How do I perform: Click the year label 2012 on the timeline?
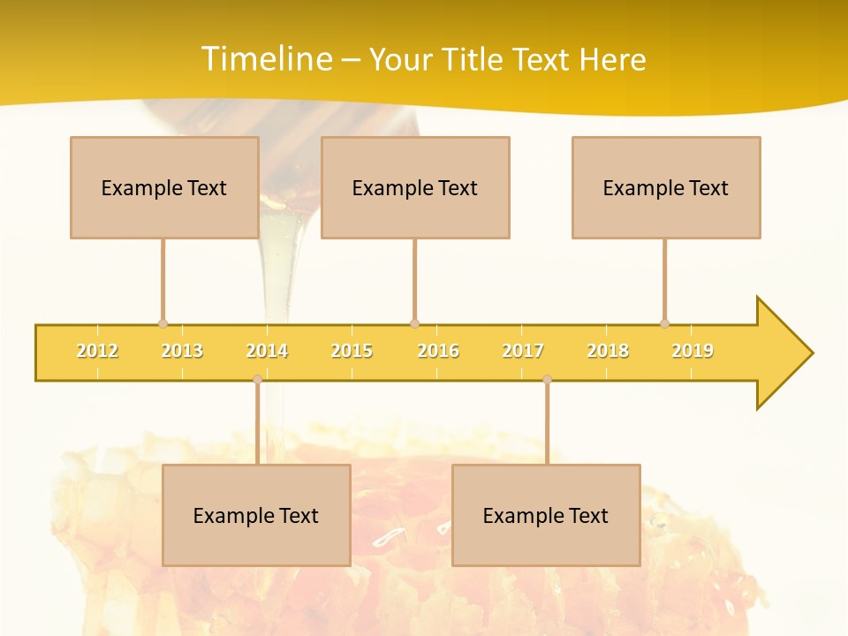coord(97,351)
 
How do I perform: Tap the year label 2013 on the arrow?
coord(182,351)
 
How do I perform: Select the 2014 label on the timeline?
coord(267,351)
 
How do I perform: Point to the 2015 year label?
coord(352,351)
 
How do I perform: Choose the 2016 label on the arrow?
coord(438,351)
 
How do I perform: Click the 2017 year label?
coord(523,351)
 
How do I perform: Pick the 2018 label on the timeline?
coord(608,351)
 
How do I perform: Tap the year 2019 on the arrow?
coord(693,351)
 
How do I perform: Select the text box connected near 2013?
coord(164,187)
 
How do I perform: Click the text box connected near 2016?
coord(415,187)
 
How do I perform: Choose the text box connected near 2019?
coord(666,187)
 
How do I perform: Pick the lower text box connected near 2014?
coord(256,515)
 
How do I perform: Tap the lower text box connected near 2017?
coord(546,515)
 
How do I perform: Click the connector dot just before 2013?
coord(163,324)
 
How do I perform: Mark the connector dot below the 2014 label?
coord(257,380)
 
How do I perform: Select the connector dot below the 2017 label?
coord(547,380)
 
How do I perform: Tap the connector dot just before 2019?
coord(664,324)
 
